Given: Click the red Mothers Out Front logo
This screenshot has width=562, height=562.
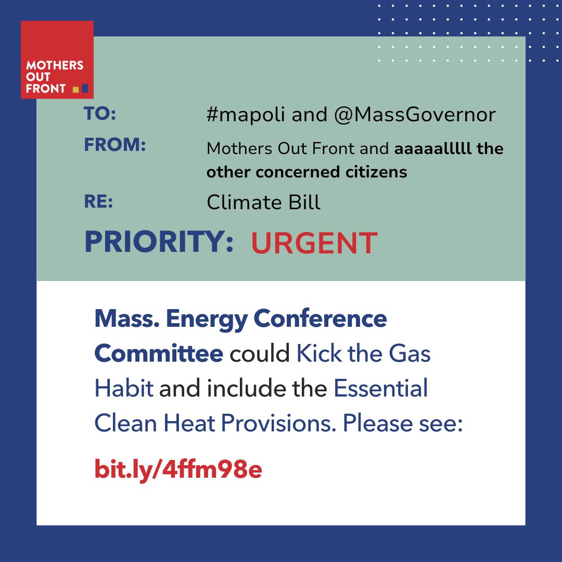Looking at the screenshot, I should [57, 60].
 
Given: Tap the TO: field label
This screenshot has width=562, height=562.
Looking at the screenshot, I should [100, 114].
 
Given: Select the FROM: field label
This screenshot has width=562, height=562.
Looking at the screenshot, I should [115, 146].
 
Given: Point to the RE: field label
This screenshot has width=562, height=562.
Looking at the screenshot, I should [98, 202].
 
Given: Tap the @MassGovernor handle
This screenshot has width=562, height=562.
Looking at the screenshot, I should [415, 114].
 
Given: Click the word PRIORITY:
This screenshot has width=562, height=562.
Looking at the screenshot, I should [159, 241].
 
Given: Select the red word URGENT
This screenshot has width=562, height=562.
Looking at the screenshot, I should [314, 243].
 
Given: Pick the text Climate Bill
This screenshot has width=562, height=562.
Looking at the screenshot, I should [263, 202].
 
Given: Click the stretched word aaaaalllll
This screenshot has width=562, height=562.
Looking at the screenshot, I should [432, 149].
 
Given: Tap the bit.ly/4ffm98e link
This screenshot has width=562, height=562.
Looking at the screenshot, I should [178, 469].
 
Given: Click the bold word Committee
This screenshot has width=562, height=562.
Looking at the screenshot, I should [159, 354].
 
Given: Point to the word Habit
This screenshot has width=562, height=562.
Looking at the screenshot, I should [124, 389].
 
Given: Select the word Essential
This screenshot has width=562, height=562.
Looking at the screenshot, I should [380, 389].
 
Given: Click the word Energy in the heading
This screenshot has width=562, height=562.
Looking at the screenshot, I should [206, 319].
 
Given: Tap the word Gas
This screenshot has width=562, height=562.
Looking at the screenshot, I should [410, 354].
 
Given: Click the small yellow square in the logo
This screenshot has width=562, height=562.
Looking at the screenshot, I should [75, 89].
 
